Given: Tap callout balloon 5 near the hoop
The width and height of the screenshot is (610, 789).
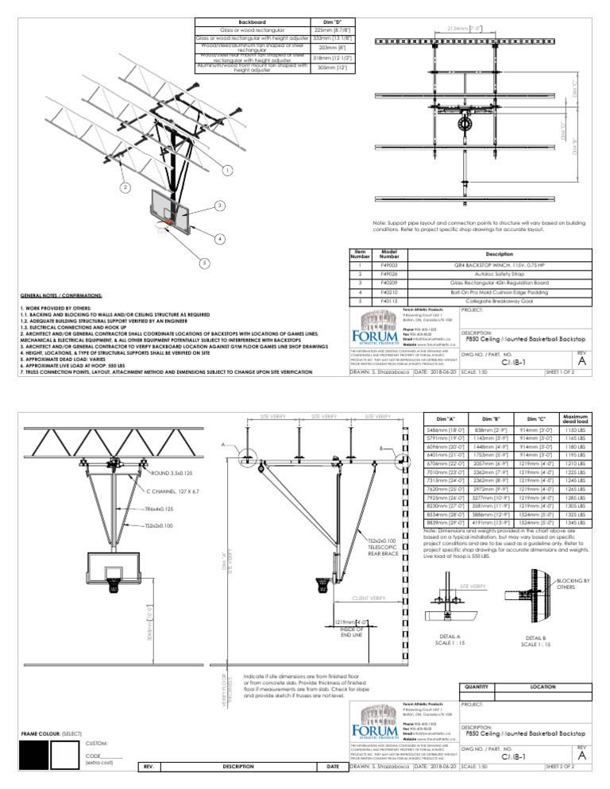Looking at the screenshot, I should [204, 263].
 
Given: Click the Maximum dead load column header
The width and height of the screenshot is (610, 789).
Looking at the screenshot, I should [581, 418].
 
